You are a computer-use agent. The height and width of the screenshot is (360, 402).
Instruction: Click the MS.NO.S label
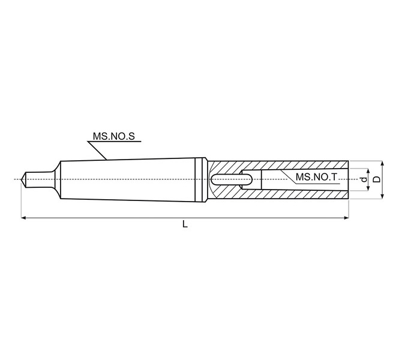113,136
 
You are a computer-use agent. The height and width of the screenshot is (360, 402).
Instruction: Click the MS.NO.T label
316,177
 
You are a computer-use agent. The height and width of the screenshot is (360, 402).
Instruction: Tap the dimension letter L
185,224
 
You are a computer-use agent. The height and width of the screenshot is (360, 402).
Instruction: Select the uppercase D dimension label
376,179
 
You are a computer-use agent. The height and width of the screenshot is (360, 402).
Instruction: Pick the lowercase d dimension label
364,180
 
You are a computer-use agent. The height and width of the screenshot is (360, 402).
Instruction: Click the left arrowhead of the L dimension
23,218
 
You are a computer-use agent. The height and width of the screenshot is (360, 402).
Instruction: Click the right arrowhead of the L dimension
346,218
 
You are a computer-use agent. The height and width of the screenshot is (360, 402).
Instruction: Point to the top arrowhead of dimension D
382,164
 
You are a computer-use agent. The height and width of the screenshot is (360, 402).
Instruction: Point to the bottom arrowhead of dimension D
382,196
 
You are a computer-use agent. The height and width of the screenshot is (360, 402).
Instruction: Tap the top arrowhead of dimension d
368,171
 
